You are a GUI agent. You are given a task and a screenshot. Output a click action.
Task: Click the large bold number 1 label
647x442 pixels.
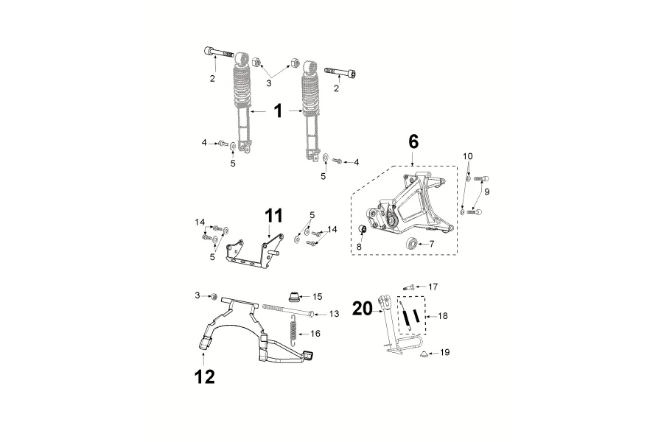pyautogui.click(x=279, y=111)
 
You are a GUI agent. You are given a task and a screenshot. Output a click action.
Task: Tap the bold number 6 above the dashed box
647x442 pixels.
pyautogui.click(x=413, y=141)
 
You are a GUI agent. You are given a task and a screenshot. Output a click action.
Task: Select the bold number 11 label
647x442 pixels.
pyautogui.click(x=274, y=216)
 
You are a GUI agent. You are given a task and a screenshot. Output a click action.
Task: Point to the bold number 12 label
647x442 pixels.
pyautogui.click(x=205, y=377)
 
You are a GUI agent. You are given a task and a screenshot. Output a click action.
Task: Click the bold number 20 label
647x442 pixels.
pyautogui.click(x=363, y=309)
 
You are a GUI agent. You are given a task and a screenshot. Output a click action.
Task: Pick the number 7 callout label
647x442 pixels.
pyautogui.click(x=432, y=244)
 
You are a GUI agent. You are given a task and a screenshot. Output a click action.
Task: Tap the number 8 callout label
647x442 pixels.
pyautogui.click(x=359, y=247)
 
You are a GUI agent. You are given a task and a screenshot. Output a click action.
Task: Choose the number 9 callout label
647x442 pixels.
pyautogui.click(x=487, y=192)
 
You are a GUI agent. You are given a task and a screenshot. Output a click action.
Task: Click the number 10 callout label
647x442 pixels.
pyautogui.click(x=467, y=156)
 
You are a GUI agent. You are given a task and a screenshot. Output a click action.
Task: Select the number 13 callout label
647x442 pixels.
pyautogui.click(x=334, y=314)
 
